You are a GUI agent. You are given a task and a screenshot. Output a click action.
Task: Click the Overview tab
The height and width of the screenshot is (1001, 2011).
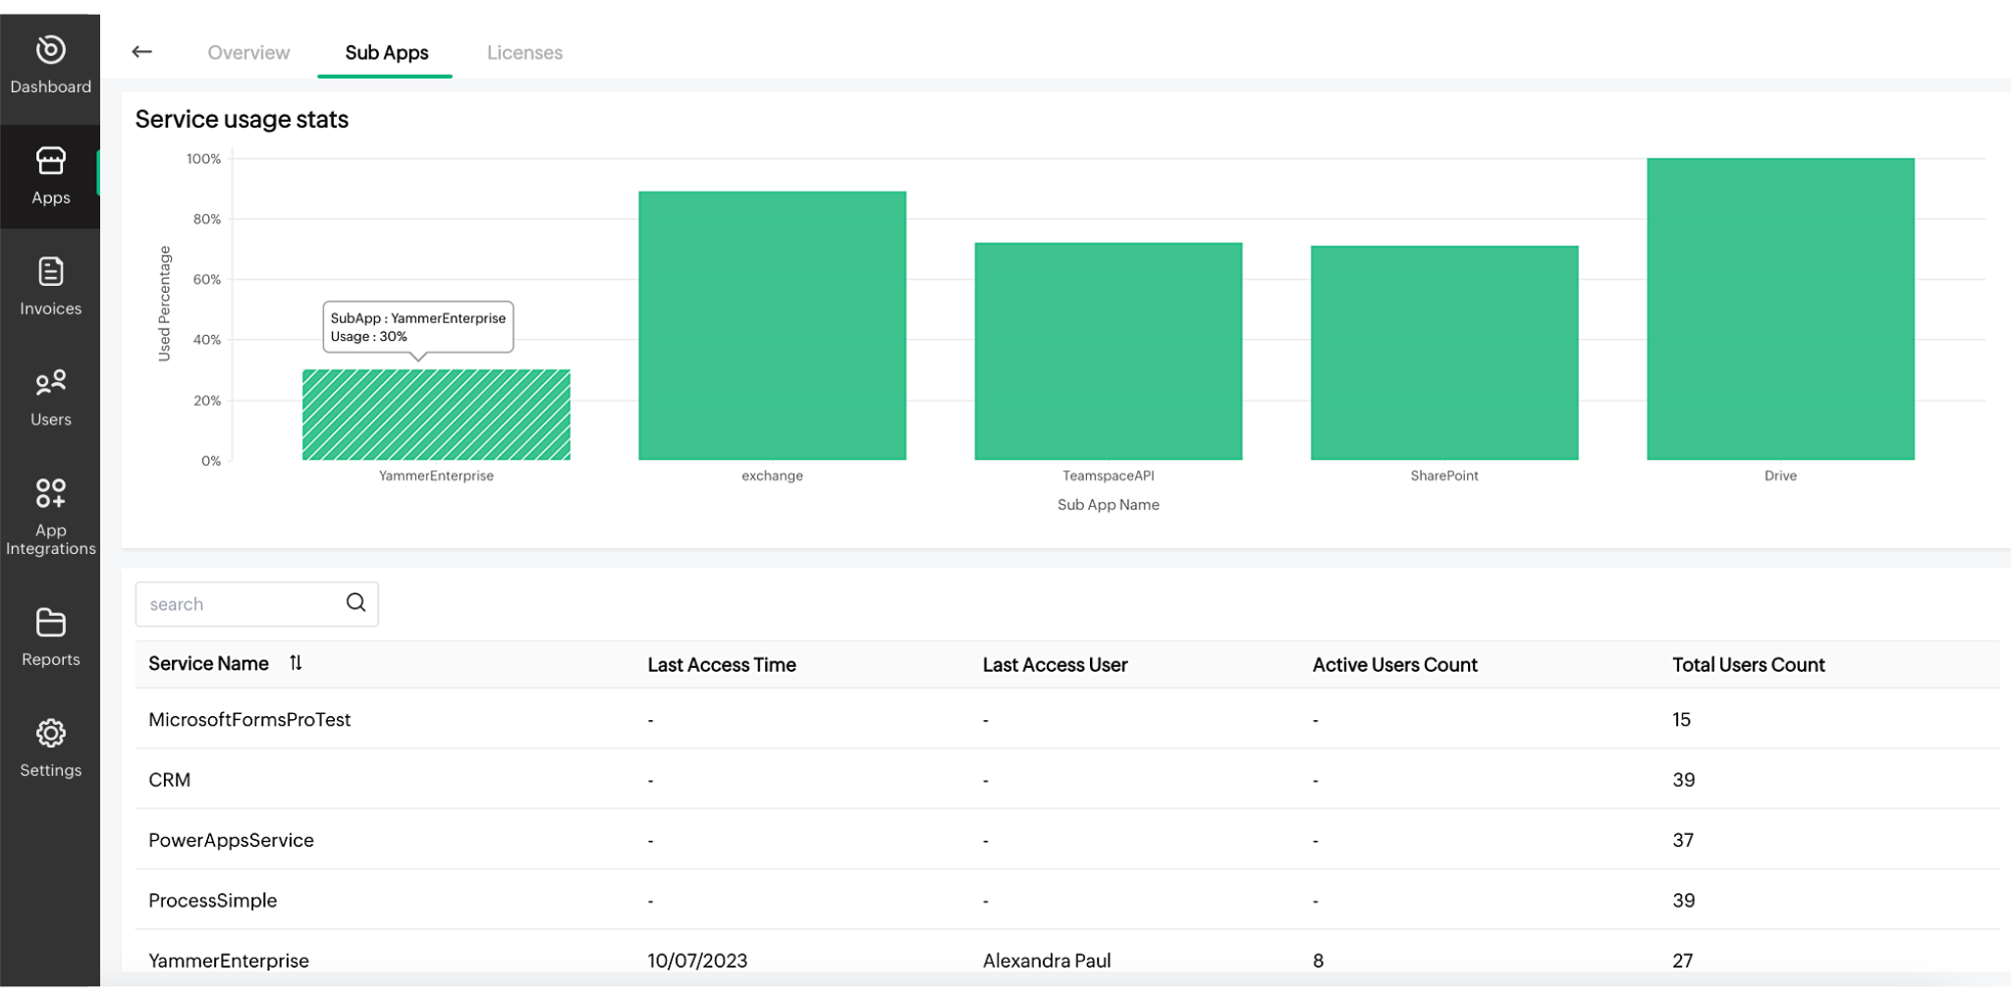[x=248, y=53]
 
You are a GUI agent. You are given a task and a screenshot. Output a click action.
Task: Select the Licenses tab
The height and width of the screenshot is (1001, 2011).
[x=524, y=53]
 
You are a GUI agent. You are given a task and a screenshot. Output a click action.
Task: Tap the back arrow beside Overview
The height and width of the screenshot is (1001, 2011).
[x=142, y=52]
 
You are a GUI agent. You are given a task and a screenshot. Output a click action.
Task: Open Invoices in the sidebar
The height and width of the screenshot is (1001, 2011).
[x=51, y=286]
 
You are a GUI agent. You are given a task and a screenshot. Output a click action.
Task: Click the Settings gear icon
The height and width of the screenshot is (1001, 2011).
[x=51, y=734]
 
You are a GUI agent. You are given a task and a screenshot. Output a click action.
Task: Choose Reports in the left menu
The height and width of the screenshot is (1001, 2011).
[x=51, y=638]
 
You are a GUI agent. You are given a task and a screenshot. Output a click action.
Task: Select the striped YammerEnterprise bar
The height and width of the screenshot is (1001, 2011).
[x=436, y=415]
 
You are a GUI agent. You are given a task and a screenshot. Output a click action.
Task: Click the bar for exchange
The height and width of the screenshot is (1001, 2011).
[x=772, y=325]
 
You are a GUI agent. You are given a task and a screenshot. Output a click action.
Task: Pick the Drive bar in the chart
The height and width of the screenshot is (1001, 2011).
[x=1780, y=308]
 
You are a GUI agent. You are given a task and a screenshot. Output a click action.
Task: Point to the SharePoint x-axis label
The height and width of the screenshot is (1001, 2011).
[x=1443, y=476]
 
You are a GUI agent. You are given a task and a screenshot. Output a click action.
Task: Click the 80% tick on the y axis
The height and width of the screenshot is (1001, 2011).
[x=206, y=219]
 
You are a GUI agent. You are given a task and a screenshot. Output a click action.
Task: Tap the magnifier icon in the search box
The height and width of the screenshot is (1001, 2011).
[x=355, y=603]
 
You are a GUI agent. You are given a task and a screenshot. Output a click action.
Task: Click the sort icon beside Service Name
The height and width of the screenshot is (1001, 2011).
[x=296, y=664]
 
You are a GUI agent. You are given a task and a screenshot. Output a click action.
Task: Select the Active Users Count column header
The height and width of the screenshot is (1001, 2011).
[x=1394, y=665]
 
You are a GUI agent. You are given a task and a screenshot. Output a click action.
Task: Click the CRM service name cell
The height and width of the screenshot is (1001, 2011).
[x=170, y=780]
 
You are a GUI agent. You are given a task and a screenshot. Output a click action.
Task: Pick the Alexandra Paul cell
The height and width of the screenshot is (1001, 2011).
[x=1047, y=961]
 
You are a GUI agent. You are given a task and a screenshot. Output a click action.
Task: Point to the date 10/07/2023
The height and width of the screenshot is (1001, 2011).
[x=697, y=961]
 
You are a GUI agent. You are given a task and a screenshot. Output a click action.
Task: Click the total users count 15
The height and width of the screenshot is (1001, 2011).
[x=1681, y=720]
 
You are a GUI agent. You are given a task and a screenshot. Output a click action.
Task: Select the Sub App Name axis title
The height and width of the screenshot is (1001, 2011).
[x=1108, y=505]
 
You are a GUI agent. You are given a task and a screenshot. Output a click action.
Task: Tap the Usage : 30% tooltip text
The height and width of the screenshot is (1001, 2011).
[x=369, y=337]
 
